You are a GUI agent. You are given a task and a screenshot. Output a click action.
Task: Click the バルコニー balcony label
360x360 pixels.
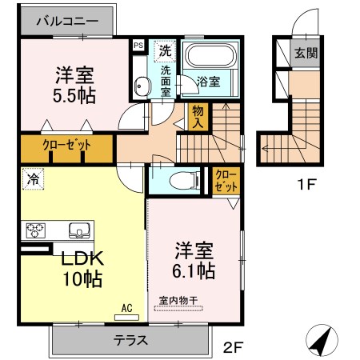(x=67, y=21)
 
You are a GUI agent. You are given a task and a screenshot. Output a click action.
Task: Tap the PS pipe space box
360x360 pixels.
(x=138, y=45)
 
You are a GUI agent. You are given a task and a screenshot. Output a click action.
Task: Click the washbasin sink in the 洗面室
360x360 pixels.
(x=141, y=86)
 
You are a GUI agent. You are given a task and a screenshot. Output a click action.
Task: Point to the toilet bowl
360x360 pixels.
(x=185, y=181)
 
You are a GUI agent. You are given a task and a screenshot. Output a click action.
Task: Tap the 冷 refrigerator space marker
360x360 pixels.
(x=33, y=179)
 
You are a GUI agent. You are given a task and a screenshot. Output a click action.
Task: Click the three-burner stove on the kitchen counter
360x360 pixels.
(x=35, y=230)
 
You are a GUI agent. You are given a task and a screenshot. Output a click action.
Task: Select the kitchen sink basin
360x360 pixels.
(x=79, y=230)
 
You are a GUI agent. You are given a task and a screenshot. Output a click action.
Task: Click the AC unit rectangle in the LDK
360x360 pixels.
(x=126, y=318)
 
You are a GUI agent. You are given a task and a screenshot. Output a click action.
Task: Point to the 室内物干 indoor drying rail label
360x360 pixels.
(x=178, y=301)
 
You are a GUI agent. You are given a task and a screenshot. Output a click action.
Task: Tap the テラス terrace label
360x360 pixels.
(x=130, y=340)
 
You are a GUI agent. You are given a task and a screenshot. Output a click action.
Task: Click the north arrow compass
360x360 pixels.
(x=322, y=340)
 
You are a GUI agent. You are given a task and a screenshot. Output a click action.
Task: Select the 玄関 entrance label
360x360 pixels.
(x=306, y=53)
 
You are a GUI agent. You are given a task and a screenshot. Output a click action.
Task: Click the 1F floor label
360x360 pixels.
(x=306, y=184)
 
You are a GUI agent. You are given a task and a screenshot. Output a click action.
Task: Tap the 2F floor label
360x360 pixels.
(x=233, y=347)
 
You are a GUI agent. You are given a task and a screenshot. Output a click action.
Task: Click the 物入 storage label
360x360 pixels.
(x=198, y=117)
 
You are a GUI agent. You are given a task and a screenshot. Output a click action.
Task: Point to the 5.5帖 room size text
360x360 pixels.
(x=74, y=96)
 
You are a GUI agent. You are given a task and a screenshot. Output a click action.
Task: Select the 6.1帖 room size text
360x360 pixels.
(x=194, y=271)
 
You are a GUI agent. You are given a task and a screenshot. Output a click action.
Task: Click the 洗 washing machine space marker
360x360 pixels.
(x=165, y=51)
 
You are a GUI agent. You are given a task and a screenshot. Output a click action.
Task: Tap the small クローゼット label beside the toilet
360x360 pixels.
(x=226, y=181)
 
